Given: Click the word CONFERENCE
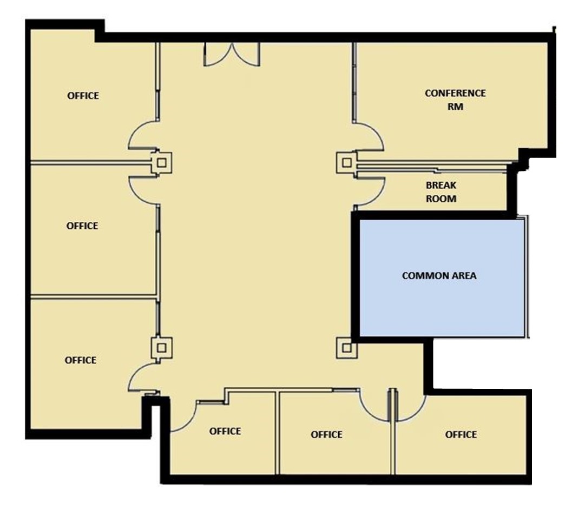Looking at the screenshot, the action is [455, 93].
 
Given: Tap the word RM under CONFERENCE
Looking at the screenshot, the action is [455, 107].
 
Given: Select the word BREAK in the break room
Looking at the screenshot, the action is [441, 185].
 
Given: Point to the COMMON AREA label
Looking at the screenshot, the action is [439, 275].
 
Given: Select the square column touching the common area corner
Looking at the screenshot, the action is [347, 348].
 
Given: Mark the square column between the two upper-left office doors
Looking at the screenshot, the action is [161, 163].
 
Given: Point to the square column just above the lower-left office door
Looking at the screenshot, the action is [161, 348].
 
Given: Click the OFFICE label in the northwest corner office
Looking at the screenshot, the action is [83, 96].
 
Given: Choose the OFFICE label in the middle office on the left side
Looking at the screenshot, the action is [82, 226].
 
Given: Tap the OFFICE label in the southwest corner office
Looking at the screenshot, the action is [80, 360].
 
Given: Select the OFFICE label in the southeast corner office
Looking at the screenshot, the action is [461, 435].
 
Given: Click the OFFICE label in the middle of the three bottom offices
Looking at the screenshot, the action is [326, 435].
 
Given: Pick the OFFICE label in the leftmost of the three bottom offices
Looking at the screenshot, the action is [225, 431].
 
